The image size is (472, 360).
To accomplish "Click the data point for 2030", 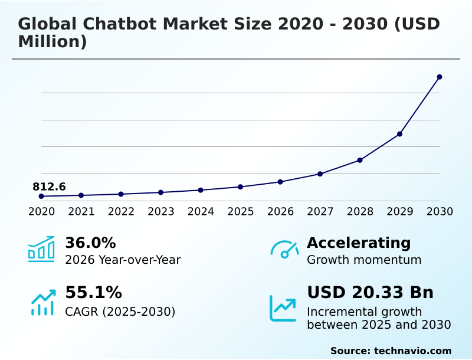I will pyautogui.click(x=440, y=77).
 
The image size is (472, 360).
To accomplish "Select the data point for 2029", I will pyautogui.click(x=399, y=134).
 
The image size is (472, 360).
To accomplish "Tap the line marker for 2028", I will pyautogui.click(x=360, y=160).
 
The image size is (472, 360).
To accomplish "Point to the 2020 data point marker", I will pyautogui.click(x=41, y=196).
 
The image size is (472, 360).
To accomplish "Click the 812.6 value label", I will pyautogui.click(x=49, y=187).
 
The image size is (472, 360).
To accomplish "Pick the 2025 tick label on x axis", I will pyautogui.click(x=241, y=212).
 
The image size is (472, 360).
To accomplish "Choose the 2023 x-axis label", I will pyautogui.click(x=161, y=212).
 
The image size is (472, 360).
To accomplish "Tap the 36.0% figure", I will pyautogui.click(x=90, y=243).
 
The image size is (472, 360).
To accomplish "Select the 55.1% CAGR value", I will pyautogui.click(x=93, y=293).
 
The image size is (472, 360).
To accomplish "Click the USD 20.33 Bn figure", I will pyautogui.click(x=370, y=293).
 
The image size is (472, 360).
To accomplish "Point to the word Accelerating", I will pyautogui.click(x=359, y=243).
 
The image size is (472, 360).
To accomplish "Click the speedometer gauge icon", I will pyautogui.click(x=284, y=250).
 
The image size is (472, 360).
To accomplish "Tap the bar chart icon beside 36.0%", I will pyautogui.click(x=41, y=249).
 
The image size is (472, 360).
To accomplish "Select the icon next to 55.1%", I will pyautogui.click(x=42, y=302).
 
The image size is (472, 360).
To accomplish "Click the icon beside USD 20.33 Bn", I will pyautogui.click(x=283, y=308).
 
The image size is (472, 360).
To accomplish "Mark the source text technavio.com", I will pyautogui.click(x=412, y=351).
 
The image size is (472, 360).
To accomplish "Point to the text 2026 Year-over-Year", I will pyautogui.click(x=123, y=260).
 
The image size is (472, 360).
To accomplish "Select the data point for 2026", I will pyautogui.click(x=280, y=182).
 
